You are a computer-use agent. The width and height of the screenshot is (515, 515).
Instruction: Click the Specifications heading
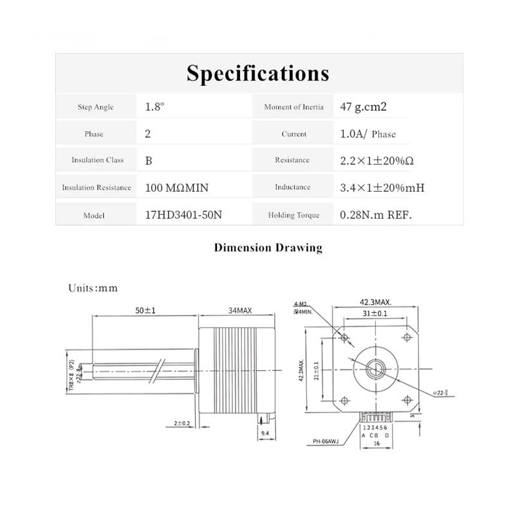(257, 73)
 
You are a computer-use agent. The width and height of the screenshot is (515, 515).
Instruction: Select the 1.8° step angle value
(155, 107)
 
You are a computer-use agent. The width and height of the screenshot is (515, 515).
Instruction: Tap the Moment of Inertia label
(294, 107)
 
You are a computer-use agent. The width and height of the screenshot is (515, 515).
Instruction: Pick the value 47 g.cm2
(363, 107)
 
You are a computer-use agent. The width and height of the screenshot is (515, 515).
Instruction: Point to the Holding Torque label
(294, 215)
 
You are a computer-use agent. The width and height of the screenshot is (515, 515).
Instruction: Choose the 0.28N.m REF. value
(376, 215)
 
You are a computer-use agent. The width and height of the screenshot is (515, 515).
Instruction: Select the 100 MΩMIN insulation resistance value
(177, 188)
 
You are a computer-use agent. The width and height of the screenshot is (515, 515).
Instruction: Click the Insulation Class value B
(149, 160)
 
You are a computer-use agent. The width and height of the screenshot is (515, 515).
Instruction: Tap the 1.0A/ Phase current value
(368, 134)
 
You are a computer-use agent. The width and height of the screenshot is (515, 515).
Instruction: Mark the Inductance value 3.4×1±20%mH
(382, 188)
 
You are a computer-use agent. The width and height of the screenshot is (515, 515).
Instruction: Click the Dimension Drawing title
(268, 247)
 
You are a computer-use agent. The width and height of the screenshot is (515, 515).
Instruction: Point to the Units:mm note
(93, 288)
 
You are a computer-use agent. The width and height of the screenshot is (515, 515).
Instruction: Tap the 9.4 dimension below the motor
(264, 434)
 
